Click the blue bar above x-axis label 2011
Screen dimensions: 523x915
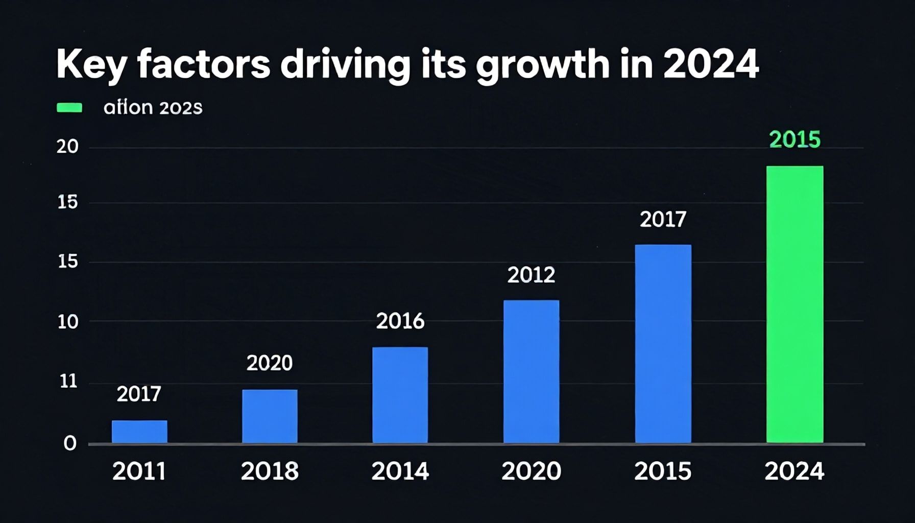(139, 432)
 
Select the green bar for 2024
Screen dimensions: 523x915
(794, 304)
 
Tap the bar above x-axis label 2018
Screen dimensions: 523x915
(270, 416)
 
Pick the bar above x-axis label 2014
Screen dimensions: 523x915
(400, 395)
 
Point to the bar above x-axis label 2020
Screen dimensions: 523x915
(531, 371)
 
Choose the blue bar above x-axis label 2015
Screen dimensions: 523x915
(663, 344)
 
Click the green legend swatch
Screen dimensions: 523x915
(69, 107)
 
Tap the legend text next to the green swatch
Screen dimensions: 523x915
(153, 108)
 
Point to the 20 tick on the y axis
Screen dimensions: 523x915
(67, 147)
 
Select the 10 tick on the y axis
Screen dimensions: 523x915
(67, 322)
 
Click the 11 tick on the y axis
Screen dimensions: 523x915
(68, 381)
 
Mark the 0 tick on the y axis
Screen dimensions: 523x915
(70, 443)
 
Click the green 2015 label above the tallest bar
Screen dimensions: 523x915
(794, 139)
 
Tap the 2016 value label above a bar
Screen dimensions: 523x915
(400, 321)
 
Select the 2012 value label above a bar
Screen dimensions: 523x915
(531, 275)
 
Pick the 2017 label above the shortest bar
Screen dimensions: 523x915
(139, 394)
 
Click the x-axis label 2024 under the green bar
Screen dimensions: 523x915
(794, 471)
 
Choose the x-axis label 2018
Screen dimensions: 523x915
(270, 471)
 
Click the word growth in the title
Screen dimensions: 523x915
(542, 65)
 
